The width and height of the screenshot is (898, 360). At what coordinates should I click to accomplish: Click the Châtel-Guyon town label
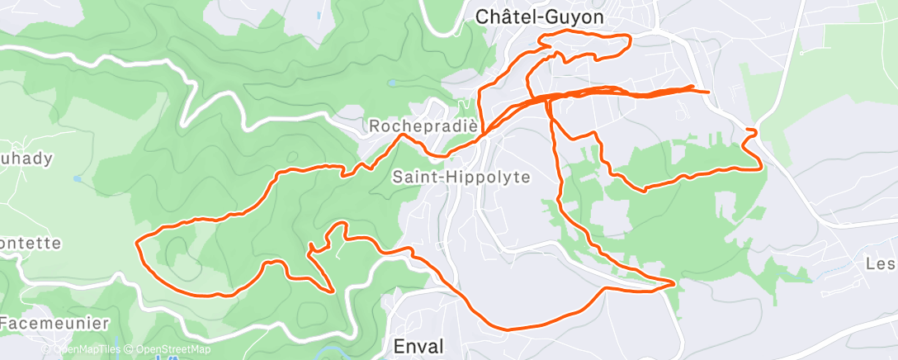[x=540, y=16]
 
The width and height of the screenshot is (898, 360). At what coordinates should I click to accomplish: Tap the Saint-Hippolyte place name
[x=461, y=177]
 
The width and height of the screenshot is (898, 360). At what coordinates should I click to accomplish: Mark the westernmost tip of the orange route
[x=136, y=240]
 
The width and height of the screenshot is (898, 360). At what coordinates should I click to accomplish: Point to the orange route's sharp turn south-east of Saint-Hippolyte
[x=673, y=283]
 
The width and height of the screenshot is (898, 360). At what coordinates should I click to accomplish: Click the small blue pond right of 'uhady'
[x=77, y=178]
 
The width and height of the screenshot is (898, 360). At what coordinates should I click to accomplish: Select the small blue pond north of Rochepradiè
[x=391, y=83]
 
